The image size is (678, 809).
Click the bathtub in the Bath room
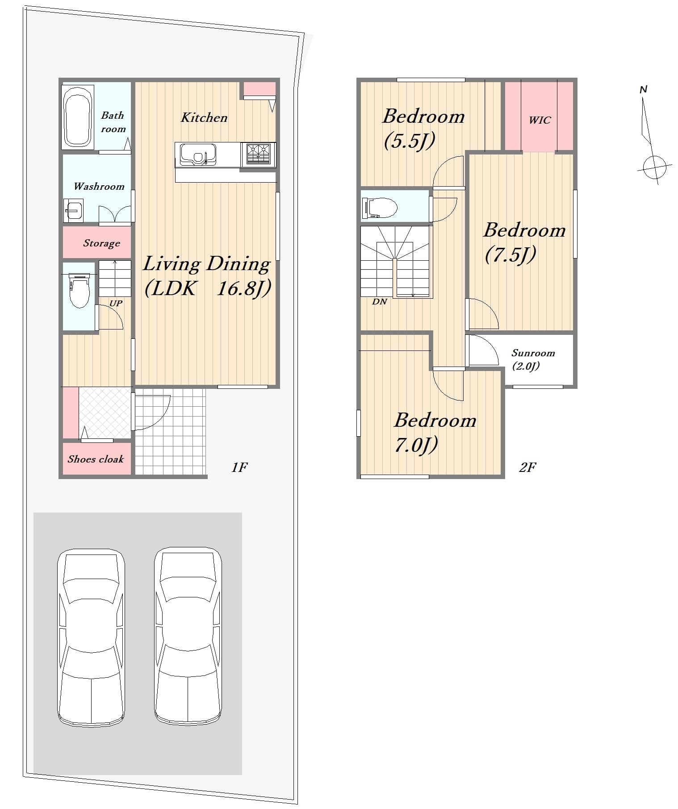[78, 117]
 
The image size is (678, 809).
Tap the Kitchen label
[204, 117]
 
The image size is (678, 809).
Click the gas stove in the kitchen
[258, 154]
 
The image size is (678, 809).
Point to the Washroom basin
[74, 210]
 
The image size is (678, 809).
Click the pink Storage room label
[101, 243]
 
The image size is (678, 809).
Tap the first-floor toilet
[79, 291]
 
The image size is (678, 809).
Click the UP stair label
[116, 303]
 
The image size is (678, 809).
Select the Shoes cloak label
[96, 459]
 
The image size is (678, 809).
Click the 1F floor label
[239, 467]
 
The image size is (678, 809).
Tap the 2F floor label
[527, 467]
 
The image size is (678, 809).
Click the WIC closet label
[540, 120]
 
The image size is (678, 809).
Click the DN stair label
[380, 302]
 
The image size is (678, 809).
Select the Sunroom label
[533, 353]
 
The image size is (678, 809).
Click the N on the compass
[644, 89]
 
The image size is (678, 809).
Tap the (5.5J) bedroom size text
[409, 141]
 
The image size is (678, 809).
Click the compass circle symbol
[654, 167]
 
